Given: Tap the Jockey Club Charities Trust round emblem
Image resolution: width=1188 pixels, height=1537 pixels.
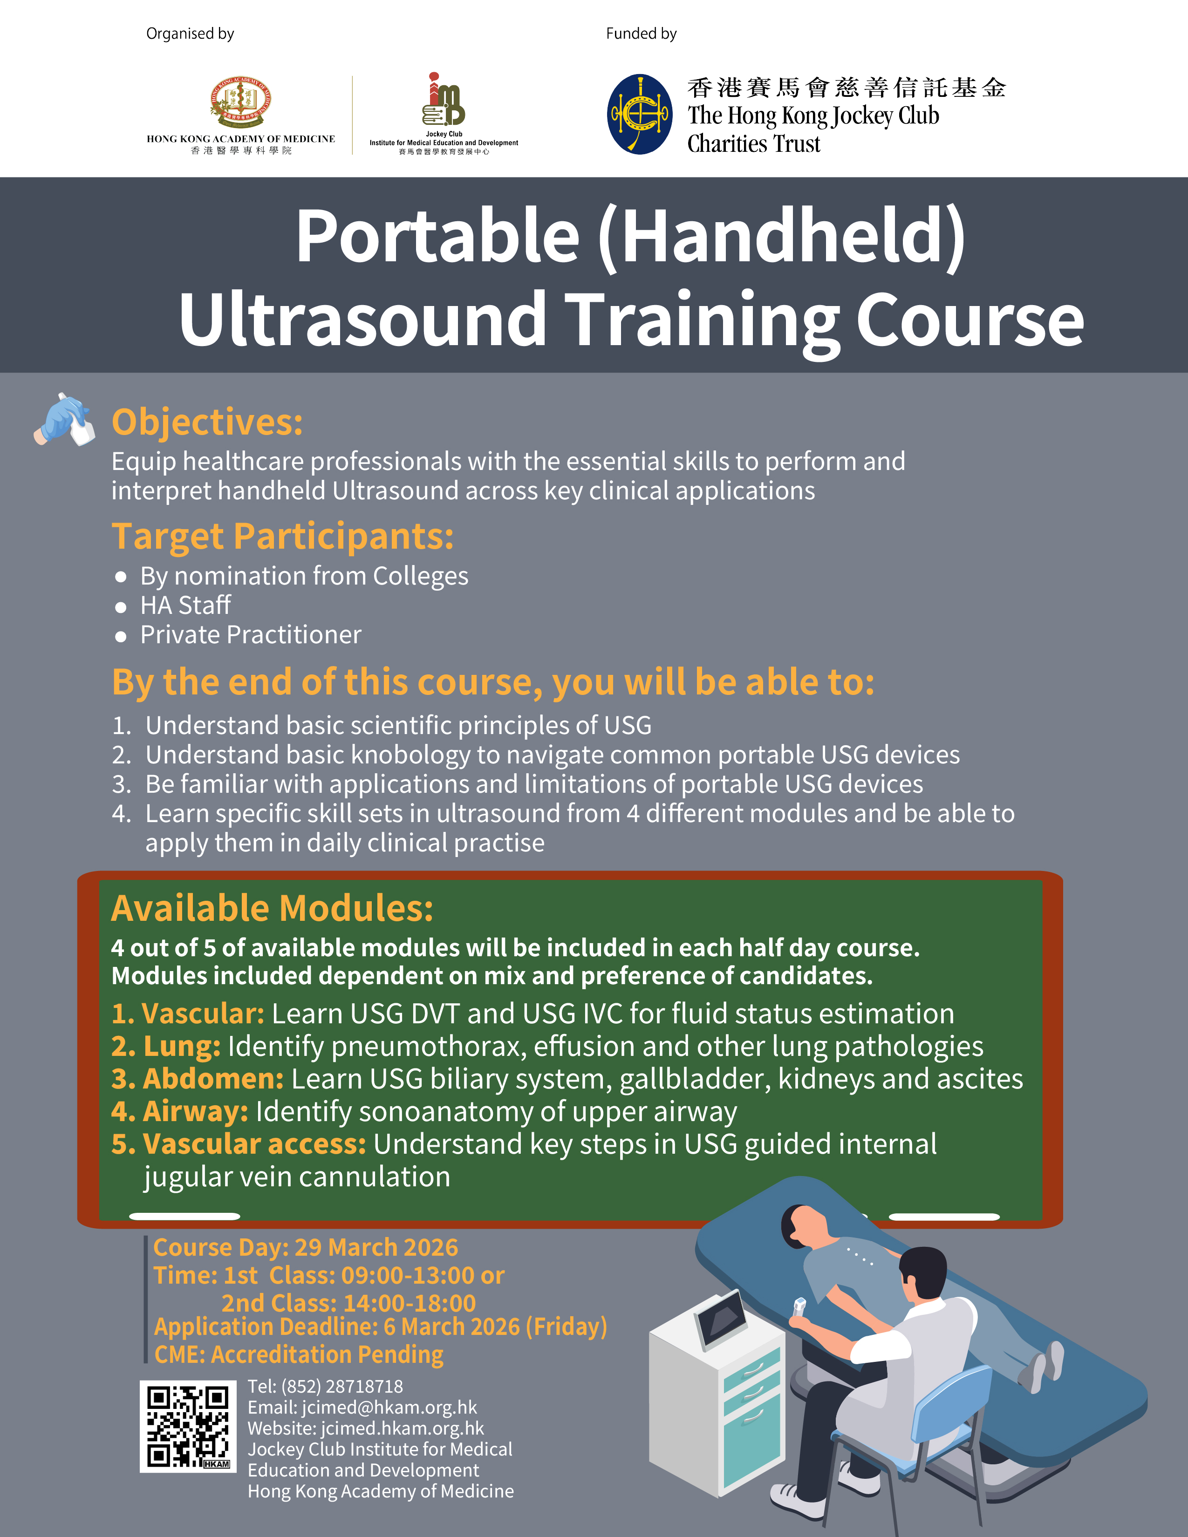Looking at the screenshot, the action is [640, 114].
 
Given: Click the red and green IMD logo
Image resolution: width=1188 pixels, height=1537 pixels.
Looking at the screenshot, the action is [444, 99].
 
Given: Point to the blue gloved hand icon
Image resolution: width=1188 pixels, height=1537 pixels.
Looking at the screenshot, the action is [64, 420].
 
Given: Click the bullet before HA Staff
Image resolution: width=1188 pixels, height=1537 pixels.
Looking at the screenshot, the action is [121, 606].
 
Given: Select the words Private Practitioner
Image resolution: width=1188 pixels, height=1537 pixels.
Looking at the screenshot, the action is [251, 635].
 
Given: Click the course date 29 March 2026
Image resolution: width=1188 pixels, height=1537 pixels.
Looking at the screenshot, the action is [376, 1247].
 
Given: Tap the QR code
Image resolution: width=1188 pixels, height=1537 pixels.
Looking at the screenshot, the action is [188, 1426].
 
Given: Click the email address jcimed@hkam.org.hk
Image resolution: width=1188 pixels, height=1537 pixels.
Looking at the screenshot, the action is [389, 1408].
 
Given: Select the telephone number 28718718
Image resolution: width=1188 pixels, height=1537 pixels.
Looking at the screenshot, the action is [365, 1387].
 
